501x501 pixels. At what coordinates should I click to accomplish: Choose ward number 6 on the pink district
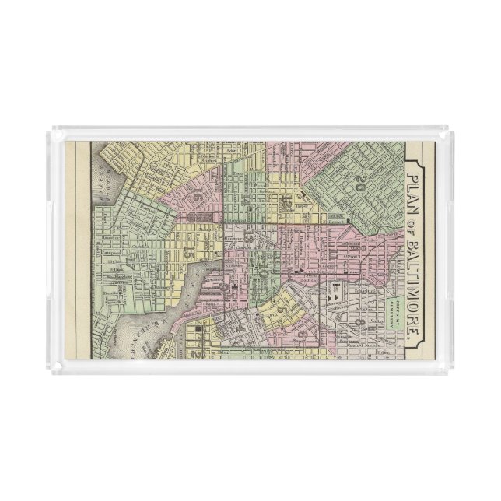point(299,334)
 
